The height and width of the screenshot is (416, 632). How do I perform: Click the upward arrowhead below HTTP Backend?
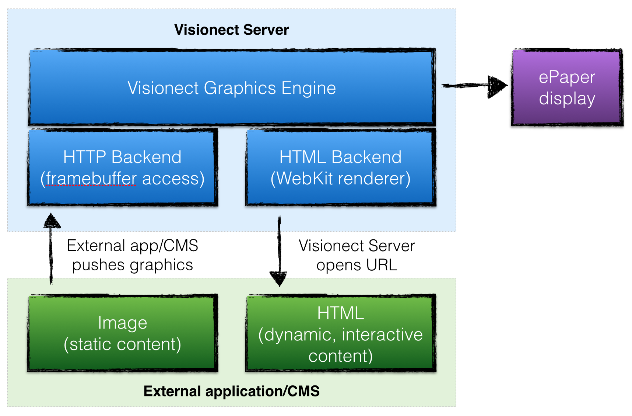[x=52, y=221]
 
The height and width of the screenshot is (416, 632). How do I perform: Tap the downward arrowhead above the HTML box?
[x=279, y=278]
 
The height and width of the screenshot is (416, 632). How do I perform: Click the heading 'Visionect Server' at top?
[x=231, y=30]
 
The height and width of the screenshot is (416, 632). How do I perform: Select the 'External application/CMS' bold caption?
[x=231, y=391]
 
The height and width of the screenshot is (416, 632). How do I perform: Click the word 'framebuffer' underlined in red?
[x=91, y=179]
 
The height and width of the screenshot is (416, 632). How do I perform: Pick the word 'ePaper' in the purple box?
[x=567, y=77]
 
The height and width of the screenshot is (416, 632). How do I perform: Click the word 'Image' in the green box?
[x=122, y=323]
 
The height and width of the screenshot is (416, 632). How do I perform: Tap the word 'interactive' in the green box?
[x=382, y=335]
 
